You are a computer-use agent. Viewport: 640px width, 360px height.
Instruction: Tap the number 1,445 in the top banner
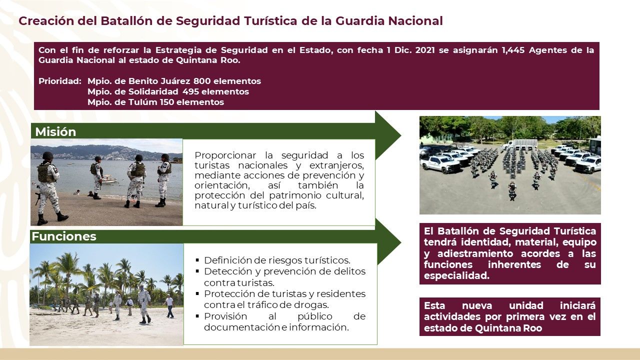[513, 50]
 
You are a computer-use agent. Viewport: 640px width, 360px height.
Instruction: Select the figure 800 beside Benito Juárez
[202, 81]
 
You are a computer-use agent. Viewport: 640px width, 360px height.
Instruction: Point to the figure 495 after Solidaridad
[191, 91]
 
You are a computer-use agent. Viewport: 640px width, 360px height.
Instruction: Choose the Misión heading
[55, 132]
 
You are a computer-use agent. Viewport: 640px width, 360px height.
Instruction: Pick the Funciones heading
[64, 236]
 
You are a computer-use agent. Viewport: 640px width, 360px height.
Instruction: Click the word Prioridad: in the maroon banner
[60, 81]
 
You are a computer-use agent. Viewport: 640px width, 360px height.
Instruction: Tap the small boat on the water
[110, 179]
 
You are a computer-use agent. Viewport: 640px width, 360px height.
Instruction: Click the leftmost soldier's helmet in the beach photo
[47, 155]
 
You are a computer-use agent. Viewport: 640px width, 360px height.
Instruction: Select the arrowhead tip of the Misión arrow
[400, 135]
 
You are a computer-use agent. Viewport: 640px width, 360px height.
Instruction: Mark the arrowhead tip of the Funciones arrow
[400, 242]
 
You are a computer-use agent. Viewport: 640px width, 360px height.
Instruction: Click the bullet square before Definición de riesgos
[197, 260]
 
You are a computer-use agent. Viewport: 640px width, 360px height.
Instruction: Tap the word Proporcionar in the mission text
[225, 155]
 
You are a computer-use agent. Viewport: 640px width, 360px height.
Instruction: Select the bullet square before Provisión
[197, 316]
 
